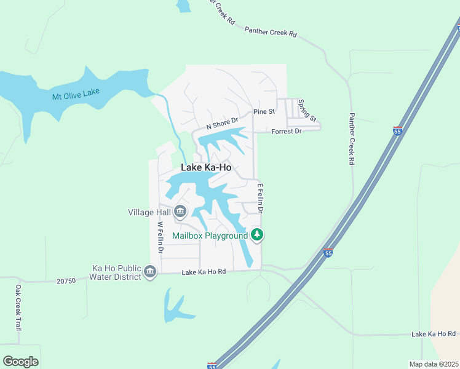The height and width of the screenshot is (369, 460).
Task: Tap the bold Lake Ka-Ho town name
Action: pos(206,167)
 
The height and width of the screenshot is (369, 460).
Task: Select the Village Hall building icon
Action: pos(180,212)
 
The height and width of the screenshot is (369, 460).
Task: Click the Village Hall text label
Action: pos(149,212)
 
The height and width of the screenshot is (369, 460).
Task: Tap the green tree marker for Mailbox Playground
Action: pos(257,234)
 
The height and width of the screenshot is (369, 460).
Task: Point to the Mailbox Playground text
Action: pos(210,235)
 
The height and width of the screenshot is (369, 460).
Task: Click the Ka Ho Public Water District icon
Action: pos(150,272)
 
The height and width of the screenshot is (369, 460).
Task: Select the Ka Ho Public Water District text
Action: pos(116,272)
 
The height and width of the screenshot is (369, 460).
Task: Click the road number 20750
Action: pos(65,280)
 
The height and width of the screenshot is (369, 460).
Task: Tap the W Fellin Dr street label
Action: pos(160,237)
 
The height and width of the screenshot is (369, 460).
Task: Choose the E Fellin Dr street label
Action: pos(260,198)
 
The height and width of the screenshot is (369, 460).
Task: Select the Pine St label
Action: pos(263,113)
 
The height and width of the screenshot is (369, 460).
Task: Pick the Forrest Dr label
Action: pos(287,131)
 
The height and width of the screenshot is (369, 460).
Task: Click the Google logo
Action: pos(20,362)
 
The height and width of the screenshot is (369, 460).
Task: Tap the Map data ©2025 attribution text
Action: pos(434,364)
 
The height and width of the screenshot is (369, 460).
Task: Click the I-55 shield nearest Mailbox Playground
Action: pos(328,253)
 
